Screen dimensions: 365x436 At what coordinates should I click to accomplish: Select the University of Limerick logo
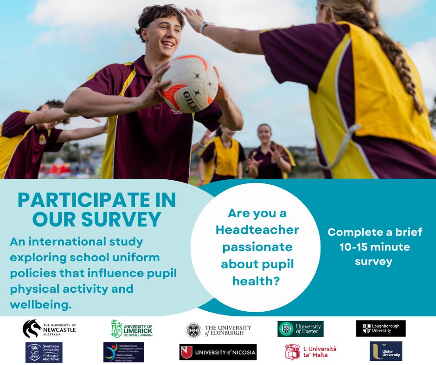(132, 329)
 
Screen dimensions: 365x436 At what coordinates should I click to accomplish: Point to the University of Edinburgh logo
(219, 329)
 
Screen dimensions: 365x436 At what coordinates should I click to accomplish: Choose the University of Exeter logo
(301, 329)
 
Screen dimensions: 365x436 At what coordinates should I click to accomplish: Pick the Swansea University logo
(44, 352)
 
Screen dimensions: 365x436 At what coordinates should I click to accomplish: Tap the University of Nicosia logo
(218, 352)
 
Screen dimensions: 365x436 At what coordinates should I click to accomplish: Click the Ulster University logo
(386, 351)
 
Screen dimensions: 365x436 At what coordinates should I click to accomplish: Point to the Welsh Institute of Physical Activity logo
(123, 352)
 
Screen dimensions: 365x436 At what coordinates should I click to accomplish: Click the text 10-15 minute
(375, 247)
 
